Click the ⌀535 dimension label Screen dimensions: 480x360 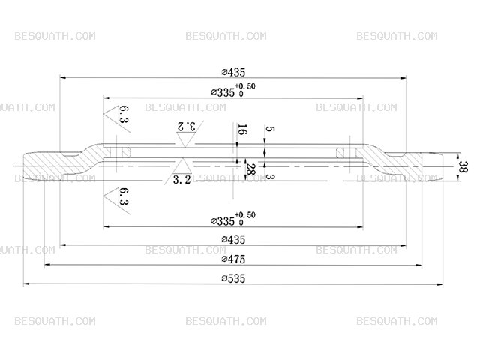coord(233,278)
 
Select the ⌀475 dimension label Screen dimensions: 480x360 coord(233,259)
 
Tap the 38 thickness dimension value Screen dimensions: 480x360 coord(462,166)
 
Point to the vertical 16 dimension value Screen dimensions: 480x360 coord(242,130)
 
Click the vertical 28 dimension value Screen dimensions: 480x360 coord(250,169)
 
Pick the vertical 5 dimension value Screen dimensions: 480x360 coord(269,129)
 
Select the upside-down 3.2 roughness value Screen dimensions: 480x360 coord(186,126)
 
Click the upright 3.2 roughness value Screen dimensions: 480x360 coord(181,180)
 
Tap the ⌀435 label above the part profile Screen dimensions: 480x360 coord(233,72)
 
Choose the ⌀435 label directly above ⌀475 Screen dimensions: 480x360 coord(233,239)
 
